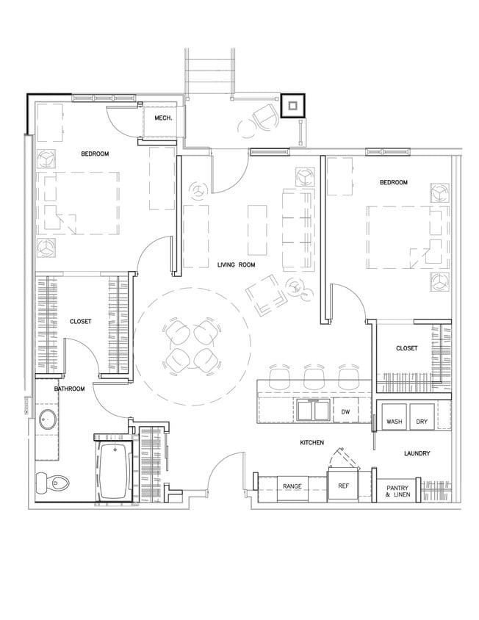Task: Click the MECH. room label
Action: coord(163,118)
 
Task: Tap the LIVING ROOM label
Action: coord(236,264)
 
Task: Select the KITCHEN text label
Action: coord(313,443)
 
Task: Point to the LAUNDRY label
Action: coord(416,454)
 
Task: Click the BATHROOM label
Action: coord(70,389)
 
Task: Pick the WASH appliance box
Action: coord(393,422)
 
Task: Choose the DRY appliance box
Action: coord(422,422)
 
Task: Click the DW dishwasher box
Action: coord(345,412)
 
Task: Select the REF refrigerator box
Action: coord(343,486)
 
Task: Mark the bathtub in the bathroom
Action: coord(113,471)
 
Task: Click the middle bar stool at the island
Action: coord(314,378)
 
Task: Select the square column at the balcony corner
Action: coord(292,105)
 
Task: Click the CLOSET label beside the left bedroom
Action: coord(81,322)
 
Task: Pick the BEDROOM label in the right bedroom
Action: coord(393,182)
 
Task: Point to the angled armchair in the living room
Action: coord(265,296)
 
